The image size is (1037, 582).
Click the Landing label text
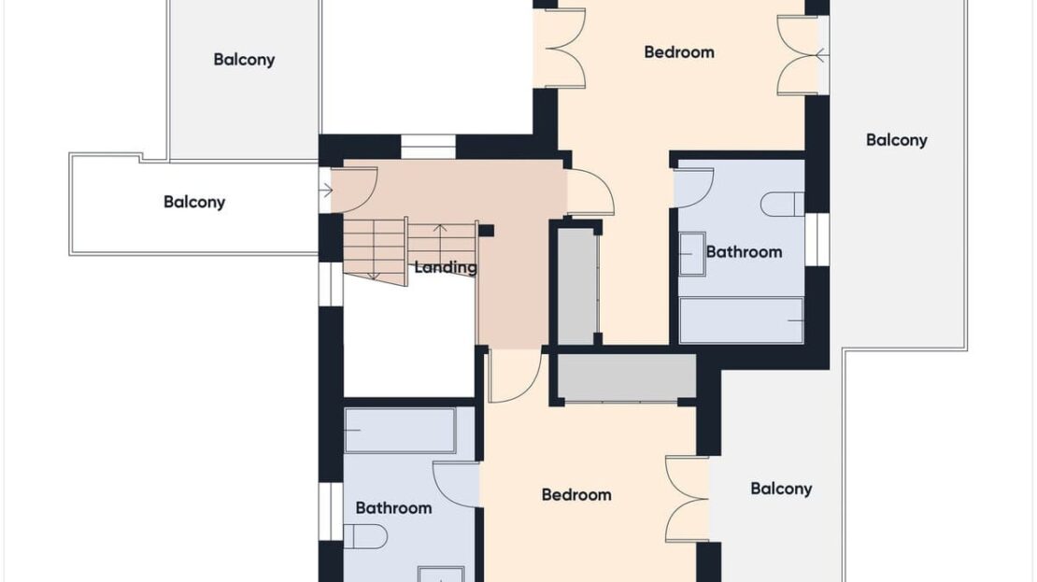(445, 268)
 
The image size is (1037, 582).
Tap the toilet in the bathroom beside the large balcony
(782, 205)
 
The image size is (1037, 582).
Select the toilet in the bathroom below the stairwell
(365, 536)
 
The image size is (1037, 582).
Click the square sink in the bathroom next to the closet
(692, 253)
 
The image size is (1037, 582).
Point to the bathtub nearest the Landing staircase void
(400, 431)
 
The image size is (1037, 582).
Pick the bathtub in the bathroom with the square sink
(742, 320)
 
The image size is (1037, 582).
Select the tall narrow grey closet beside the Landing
(576, 286)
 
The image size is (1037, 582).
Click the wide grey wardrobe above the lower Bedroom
(626, 377)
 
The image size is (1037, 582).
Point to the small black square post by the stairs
(486, 230)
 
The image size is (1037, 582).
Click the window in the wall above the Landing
(429, 146)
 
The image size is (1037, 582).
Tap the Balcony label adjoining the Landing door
(194, 202)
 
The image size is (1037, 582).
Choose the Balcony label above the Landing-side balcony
(244, 60)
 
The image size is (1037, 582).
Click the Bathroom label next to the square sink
(744, 252)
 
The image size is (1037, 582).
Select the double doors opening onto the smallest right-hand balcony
(688, 500)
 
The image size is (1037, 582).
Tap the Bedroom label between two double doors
(679, 52)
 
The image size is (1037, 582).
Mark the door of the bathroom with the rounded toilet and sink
(456, 485)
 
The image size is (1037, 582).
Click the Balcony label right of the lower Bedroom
(781, 489)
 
